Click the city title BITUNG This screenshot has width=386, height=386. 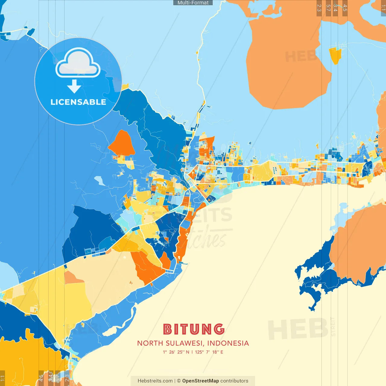194,329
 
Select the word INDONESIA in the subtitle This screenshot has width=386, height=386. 228,343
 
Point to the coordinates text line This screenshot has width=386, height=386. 193,352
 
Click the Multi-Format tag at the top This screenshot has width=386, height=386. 193,3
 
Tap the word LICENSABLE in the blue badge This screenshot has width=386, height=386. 78,102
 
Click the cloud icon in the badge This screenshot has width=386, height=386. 78,63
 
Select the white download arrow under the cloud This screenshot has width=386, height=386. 74,87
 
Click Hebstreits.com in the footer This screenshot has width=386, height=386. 155,381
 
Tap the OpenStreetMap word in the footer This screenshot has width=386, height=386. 200,381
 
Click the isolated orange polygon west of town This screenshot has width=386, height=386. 122,144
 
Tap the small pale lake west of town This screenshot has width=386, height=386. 100,181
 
